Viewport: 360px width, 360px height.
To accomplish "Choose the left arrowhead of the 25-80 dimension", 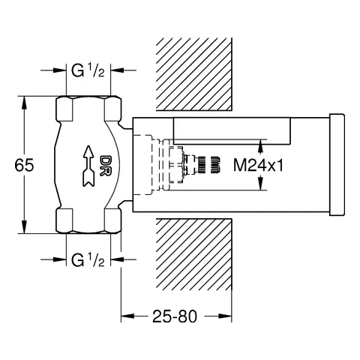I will pyautogui.click(x=127, y=317).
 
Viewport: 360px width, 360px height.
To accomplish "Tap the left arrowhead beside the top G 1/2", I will pyautogui.click(x=60, y=72).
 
